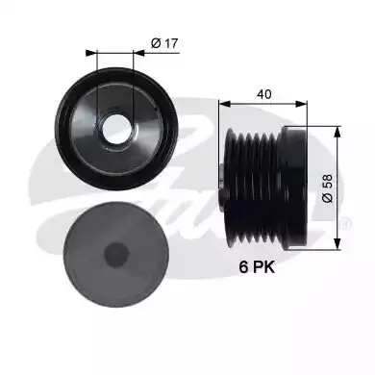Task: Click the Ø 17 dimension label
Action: pyautogui.click(x=164, y=43)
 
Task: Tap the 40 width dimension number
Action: pyautogui.click(x=264, y=94)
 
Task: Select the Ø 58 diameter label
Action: pyautogui.click(x=327, y=188)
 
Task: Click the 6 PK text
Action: pyautogui.click(x=257, y=267)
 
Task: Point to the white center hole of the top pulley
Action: pyautogui.click(x=117, y=130)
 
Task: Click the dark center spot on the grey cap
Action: pyautogui.click(x=116, y=255)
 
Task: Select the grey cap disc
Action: pyautogui.click(x=116, y=255)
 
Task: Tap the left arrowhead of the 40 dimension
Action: pyautogui.click(x=224, y=104)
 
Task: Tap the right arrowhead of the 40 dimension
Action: pyautogui.click(x=301, y=104)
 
